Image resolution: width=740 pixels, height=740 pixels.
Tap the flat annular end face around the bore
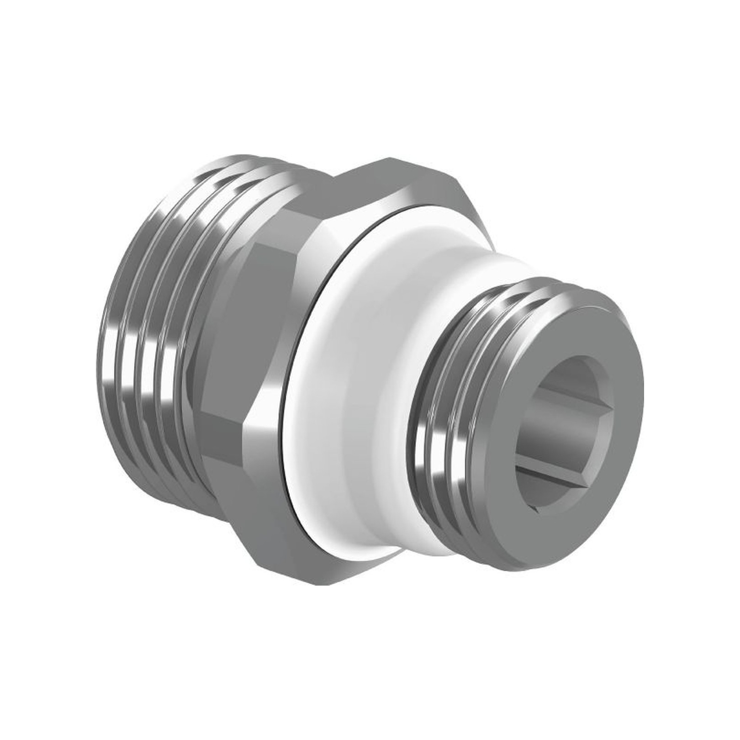[x=608, y=329]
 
